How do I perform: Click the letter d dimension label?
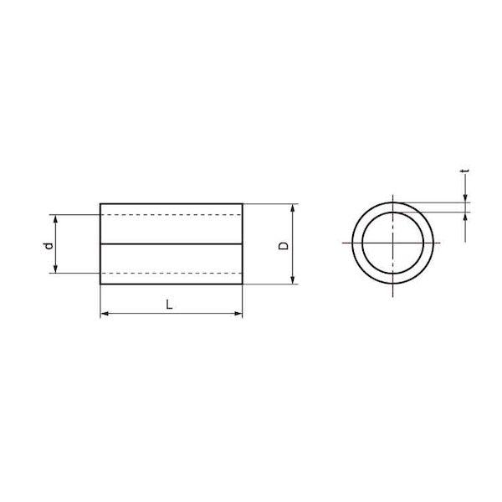point(49,245)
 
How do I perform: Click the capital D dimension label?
point(284,245)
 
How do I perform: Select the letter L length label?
point(169,305)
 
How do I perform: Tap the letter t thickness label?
point(466,172)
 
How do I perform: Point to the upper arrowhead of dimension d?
point(55,219)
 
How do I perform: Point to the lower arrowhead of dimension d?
point(55,269)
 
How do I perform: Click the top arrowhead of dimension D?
point(292,208)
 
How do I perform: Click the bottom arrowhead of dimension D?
point(292,279)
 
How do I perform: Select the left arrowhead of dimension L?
point(105,314)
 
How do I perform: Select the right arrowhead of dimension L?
point(238,314)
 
